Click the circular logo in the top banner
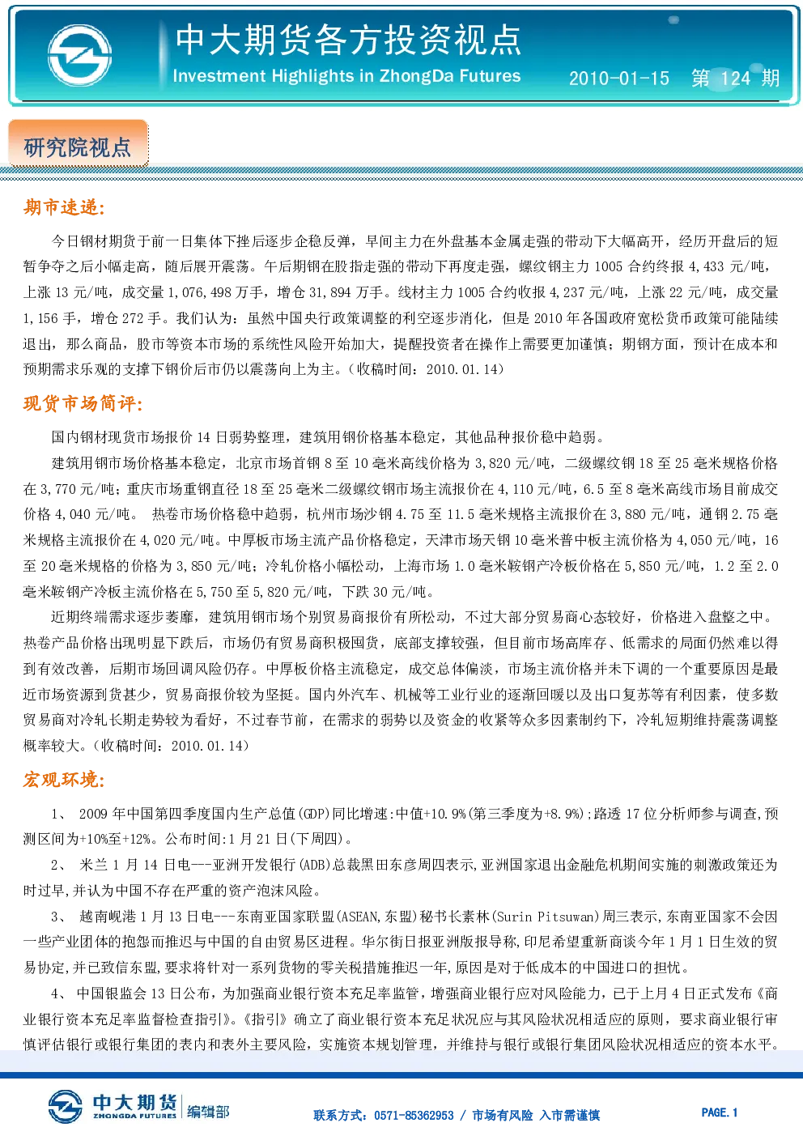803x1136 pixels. click(x=79, y=55)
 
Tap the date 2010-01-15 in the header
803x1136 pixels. click(x=619, y=79)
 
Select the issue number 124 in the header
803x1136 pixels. click(x=736, y=79)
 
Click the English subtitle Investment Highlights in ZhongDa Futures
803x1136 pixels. click(x=346, y=76)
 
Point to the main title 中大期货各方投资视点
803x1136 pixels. click(x=348, y=40)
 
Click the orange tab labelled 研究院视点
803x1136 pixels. click(x=78, y=143)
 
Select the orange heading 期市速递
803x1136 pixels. click(x=64, y=207)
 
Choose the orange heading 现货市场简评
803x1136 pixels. click(x=83, y=403)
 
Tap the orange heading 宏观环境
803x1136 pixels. click(x=64, y=779)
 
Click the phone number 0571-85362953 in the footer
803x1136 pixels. click(x=414, y=1115)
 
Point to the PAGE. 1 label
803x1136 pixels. click(x=720, y=1113)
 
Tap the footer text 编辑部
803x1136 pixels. click(x=208, y=1113)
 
